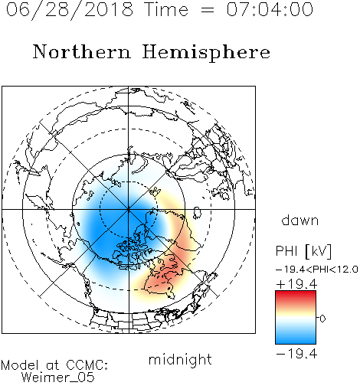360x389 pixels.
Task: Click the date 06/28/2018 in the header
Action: click(70, 10)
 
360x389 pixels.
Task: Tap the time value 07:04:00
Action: click(270, 9)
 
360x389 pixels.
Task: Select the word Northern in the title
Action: click(82, 51)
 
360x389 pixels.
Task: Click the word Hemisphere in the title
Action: click(206, 53)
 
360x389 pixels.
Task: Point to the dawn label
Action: click(300, 220)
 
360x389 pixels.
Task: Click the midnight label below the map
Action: click(180, 360)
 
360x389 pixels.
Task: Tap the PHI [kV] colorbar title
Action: click(303, 251)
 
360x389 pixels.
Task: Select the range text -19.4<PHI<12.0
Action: click(316, 270)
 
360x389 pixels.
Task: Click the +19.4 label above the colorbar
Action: click(296, 284)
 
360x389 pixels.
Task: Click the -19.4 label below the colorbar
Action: click(296, 354)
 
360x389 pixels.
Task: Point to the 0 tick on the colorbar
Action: click(322, 319)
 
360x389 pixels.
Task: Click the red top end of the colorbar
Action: click(296, 293)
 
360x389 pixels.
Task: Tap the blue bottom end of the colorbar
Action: click(296, 342)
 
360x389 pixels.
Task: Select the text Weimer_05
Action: click(58, 378)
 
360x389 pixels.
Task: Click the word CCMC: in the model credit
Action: click(87, 365)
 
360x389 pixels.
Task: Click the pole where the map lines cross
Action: click(129, 209)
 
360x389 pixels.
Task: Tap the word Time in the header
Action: click(166, 9)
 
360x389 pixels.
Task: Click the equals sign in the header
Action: click(208, 10)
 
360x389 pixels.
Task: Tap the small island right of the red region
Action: click(196, 213)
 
